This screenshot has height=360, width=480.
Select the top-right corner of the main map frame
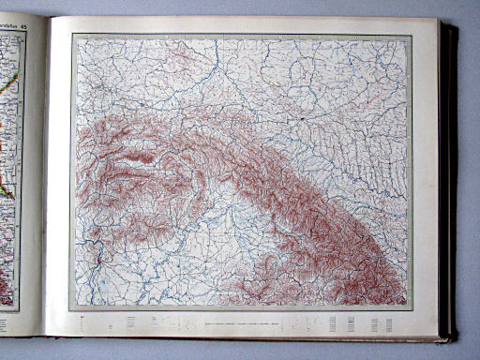[411, 36]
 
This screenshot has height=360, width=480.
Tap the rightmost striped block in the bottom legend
[387, 323]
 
